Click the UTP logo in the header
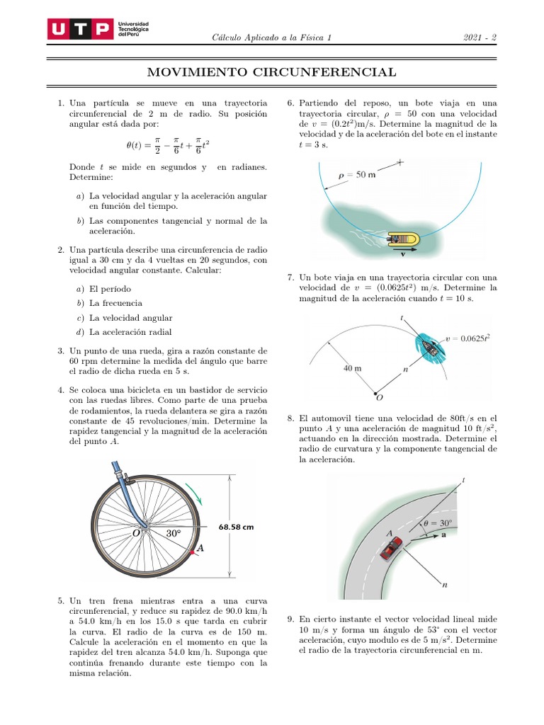click(x=79, y=30)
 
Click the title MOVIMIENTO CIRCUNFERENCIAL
click(x=271, y=72)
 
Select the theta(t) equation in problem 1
click(x=167, y=145)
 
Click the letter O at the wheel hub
click(x=135, y=533)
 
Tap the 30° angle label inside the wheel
click(x=174, y=533)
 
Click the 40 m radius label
click(x=352, y=368)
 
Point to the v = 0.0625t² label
click(x=468, y=338)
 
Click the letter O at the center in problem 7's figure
click(x=380, y=397)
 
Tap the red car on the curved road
click(x=391, y=548)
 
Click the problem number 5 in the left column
click(x=61, y=600)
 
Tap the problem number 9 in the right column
click(x=291, y=619)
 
